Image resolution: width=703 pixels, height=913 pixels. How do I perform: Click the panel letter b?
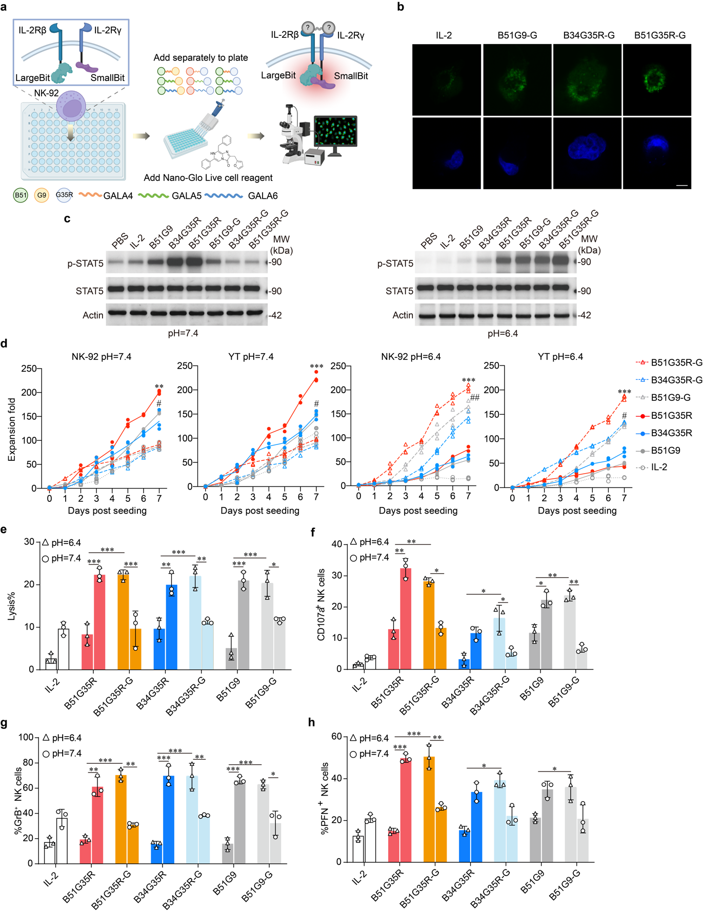pos(400,7)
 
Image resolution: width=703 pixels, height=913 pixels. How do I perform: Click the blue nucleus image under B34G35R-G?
pos(587,153)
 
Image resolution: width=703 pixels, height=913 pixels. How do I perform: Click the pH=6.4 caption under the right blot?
pos(503,334)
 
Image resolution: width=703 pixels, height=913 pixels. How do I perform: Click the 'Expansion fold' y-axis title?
pos(11,430)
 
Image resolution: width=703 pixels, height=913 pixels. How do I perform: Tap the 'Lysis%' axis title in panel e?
pos(11,606)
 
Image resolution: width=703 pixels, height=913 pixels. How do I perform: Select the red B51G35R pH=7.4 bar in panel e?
pos(99,622)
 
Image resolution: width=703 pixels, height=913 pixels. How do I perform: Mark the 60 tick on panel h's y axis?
pos(336,736)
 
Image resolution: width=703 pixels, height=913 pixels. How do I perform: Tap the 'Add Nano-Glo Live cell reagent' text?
pos(208,178)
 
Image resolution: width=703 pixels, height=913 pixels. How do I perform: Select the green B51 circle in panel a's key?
pos(21,195)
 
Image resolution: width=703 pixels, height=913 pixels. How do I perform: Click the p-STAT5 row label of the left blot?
pos(86,263)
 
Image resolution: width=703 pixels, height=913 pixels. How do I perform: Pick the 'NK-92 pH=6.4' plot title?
pos(411,356)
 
